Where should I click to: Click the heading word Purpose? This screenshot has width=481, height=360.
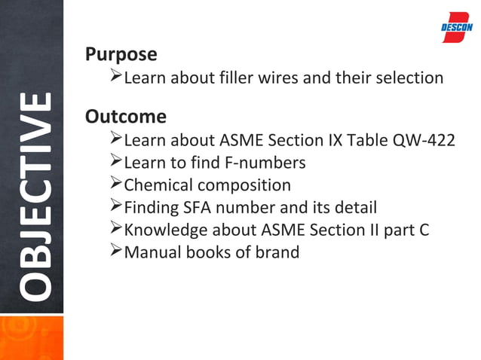coord(121,55)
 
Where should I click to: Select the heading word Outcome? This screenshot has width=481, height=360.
coord(126,117)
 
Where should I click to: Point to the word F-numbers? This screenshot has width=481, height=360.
coord(268,163)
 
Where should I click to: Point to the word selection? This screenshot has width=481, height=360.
coord(408,78)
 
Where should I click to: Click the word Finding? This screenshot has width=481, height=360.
coord(151,207)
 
